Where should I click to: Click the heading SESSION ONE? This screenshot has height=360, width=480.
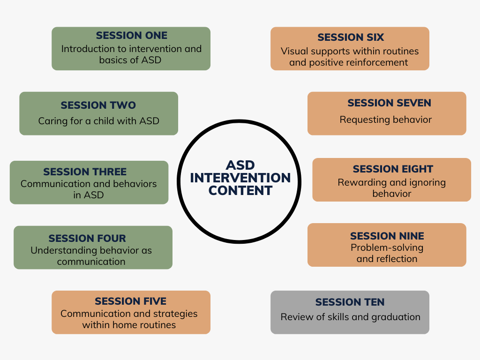coord(132,36)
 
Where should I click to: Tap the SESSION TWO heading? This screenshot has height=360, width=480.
coord(98,105)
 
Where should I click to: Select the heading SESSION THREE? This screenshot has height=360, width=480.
coord(85,172)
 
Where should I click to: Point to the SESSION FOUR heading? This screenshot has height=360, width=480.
coord(87,238)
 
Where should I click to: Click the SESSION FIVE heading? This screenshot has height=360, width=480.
coord(130,301)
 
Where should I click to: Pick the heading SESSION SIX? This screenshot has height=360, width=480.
coord(351,37)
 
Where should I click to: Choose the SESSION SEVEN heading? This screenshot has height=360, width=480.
coord(390,103)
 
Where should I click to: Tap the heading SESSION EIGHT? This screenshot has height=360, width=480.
coord(393,169)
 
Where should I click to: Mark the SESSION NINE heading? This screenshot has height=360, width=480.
coord(387,236)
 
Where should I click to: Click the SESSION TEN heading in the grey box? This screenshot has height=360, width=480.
coord(350,302)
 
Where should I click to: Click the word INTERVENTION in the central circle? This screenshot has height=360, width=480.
coord(240,178)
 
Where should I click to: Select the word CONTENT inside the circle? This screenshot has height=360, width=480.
coord(240,191)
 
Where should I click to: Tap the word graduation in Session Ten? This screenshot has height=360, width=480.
coord(396,317)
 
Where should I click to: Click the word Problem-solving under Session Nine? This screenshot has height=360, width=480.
coord(387,247)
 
